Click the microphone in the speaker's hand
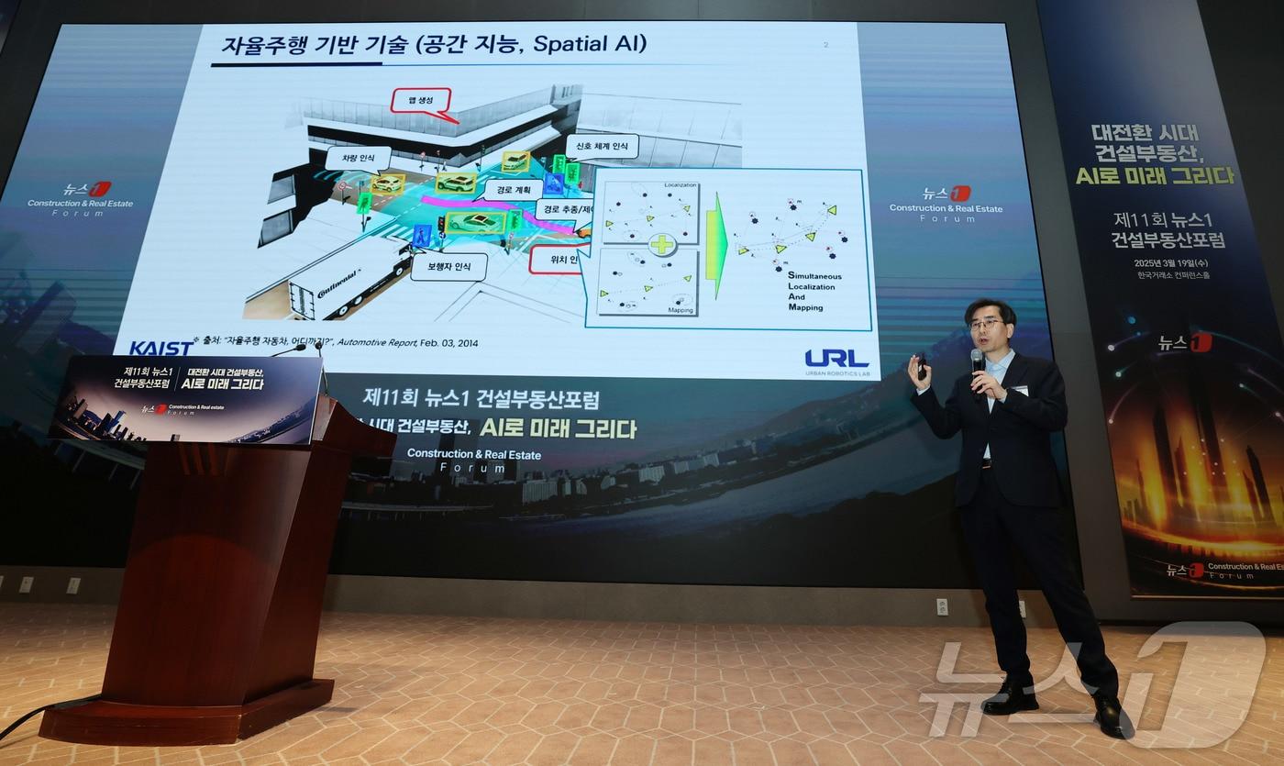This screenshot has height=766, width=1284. point(978,361)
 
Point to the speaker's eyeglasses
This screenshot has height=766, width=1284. point(986,324)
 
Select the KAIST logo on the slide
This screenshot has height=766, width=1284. point(161,349)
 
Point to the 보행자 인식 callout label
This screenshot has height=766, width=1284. point(442,267)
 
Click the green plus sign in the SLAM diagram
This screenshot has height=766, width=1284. point(661,245)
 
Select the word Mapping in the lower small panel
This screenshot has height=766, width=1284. point(680,310)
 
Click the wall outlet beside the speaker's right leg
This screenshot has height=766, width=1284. point(942,606)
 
